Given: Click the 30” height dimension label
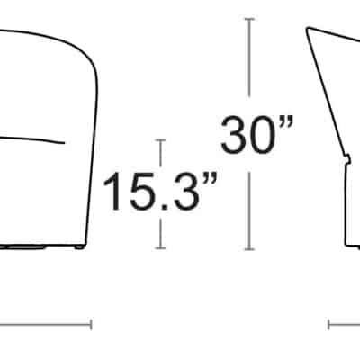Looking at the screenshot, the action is pos(256,134).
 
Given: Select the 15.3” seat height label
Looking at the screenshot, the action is pos(159,191).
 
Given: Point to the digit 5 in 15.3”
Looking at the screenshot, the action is pos(143,192).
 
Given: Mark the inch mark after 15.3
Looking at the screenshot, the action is pos(210,178).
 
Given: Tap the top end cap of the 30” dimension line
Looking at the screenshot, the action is pos(249,19).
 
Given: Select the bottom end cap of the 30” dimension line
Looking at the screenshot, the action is pos(249,249).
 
